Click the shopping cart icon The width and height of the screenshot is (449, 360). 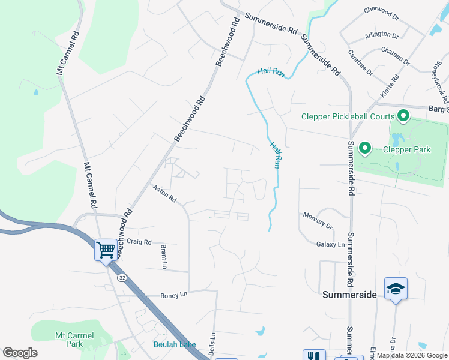click(106, 249)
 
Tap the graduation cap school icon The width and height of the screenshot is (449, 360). click(396, 289)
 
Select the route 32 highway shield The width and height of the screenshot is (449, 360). click(122, 278)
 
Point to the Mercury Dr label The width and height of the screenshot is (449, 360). click(318, 220)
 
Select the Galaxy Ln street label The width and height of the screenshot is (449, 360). click(331, 244)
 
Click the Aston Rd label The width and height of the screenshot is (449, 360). click(164, 194)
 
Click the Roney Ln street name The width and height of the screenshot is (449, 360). click(174, 295)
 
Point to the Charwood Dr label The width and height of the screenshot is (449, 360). click(382, 13)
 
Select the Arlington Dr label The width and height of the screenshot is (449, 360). click(382, 35)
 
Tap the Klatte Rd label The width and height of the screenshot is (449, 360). click(389, 88)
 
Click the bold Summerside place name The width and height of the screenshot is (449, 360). click(349, 295)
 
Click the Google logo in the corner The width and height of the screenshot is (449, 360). click(20, 353)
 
